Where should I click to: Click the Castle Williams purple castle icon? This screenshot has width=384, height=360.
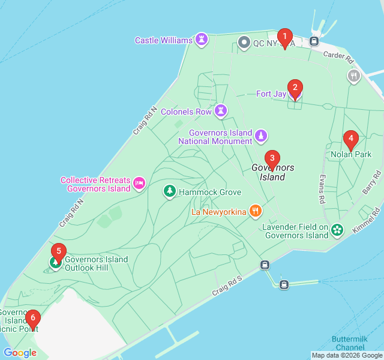[x=202, y=40]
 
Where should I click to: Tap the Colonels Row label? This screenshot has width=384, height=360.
[x=186, y=112]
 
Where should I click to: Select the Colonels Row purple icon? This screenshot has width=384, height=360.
[x=221, y=111]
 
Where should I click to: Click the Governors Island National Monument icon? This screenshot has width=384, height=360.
[x=261, y=136]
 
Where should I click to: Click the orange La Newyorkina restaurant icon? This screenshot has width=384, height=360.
[x=256, y=211]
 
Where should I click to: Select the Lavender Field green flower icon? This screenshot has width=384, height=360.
[x=337, y=230]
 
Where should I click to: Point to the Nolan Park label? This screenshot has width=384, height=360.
[x=351, y=154]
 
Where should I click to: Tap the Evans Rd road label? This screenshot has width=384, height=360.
[x=322, y=188]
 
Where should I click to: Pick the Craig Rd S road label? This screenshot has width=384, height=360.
[x=226, y=286]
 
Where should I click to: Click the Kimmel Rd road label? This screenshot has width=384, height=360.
[x=369, y=221]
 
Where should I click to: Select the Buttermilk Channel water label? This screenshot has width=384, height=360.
[x=348, y=343]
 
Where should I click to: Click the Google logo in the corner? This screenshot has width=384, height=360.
[x=20, y=353]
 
